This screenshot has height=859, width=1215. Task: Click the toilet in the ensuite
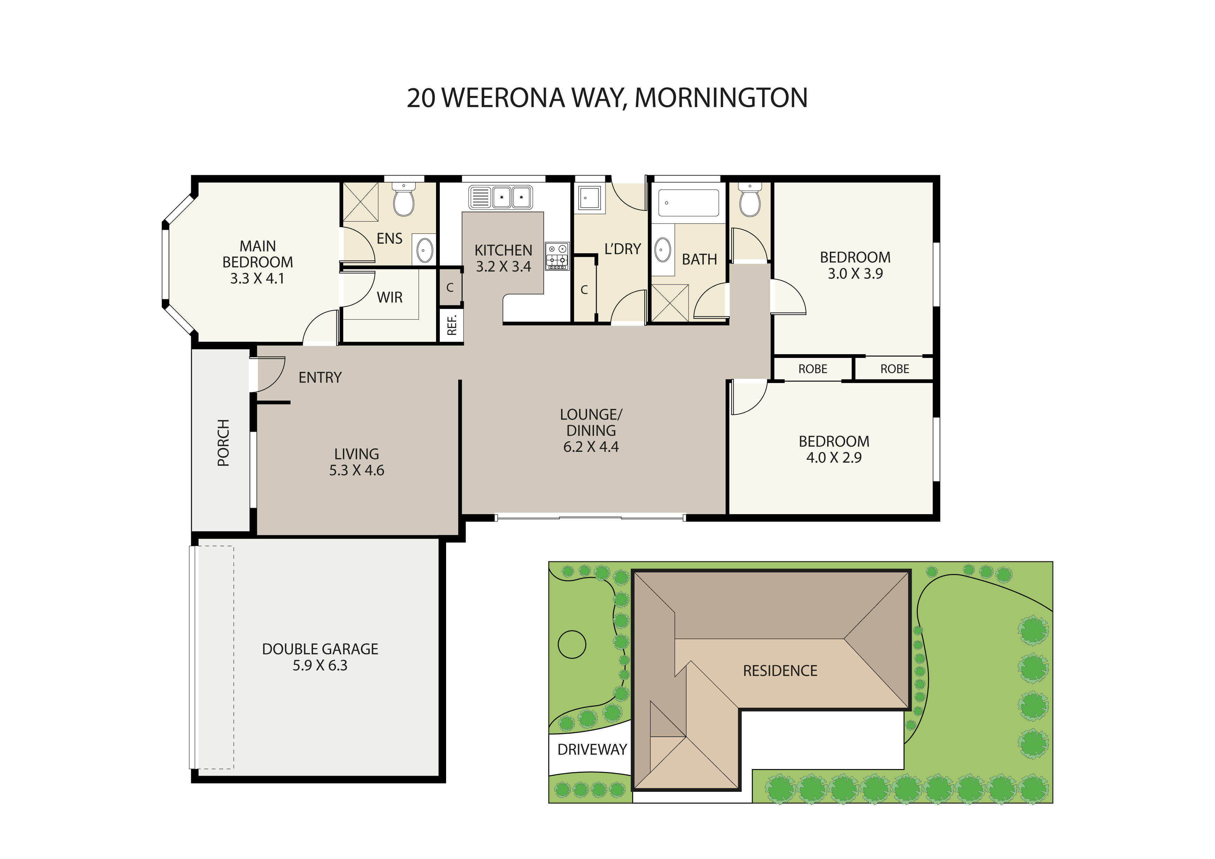click(404, 201)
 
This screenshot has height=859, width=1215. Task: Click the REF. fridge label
click(451, 325)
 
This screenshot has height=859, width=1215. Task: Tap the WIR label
click(390, 297)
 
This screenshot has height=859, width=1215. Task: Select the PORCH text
click(223, 443)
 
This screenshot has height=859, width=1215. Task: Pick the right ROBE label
click(894, 369)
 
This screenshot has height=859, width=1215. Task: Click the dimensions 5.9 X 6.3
click(320, 665)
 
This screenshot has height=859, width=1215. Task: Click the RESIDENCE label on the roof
click(780, 671)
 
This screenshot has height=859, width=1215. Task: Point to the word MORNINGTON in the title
click(721, 98)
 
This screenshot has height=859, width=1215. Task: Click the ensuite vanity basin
click(424, 249)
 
